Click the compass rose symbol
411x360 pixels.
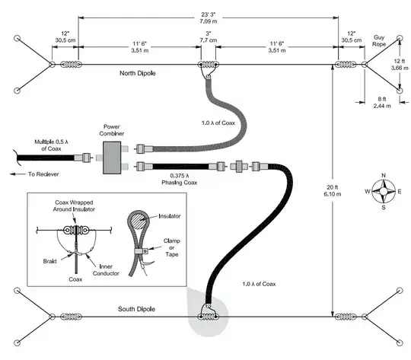(384, 191)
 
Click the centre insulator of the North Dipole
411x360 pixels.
(208, 65)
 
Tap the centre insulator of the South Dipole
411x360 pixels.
(207, 317)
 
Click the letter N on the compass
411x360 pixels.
(384, 176)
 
